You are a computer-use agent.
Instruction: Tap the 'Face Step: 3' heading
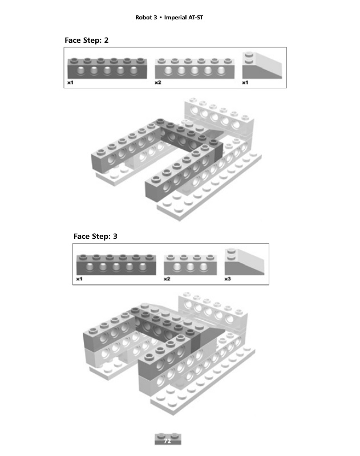pos(95,236)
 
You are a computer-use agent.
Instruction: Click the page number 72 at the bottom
pos(168,441)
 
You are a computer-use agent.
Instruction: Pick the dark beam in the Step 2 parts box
pos(106,68)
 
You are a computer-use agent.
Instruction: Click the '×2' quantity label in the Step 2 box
pos(157,83)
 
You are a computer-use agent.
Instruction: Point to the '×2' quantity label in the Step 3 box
pos(167,279)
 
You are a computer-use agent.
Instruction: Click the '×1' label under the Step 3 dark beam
pos(79,279)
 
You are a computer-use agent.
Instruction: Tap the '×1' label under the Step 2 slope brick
pos(245,83)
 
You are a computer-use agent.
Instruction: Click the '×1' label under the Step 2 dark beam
pos(70,83)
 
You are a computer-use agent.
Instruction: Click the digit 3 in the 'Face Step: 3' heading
pos(115,236)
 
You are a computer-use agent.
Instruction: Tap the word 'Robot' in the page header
pos(144,18)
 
